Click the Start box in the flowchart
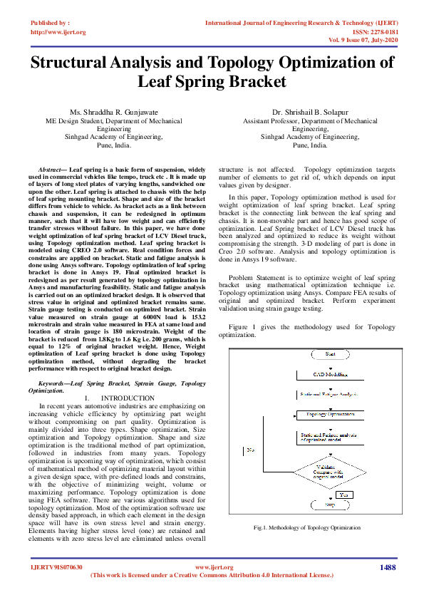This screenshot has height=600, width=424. tap(330, 353)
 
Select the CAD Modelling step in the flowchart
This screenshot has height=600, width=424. tap(330, 373)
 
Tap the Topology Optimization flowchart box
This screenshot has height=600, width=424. tap(330, 414)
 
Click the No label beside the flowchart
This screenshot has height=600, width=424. tap(251, 450)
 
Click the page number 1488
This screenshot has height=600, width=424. tap(388, 567)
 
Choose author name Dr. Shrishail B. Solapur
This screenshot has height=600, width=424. tap(310, 113)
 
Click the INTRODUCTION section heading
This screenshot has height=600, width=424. tap(128, 398)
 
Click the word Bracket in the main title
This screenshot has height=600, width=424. tap(253, 82)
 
